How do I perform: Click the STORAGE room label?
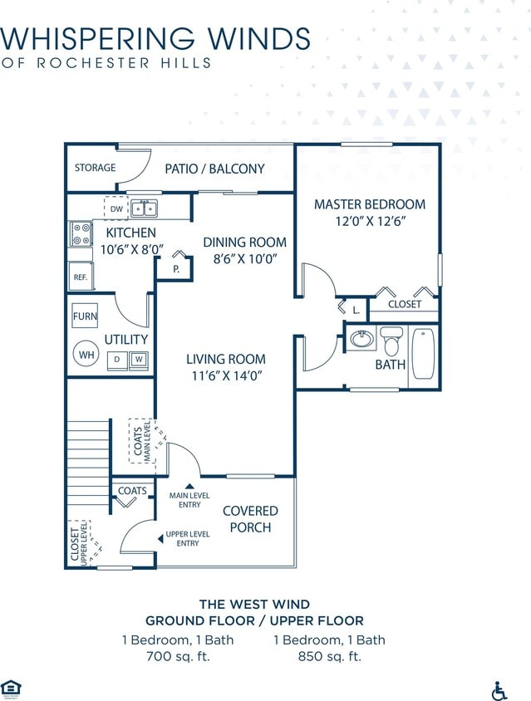pyautogui.click(x=95, y=168)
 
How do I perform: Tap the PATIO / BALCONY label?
pyautogui.click(x=214, y=169)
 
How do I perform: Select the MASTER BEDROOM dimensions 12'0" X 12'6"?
pyautogui.click(x=370, y=222)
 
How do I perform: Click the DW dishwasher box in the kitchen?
pyautogui.click(x=116, y=208)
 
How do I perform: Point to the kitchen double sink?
pyautogui.click(x=145, y=208)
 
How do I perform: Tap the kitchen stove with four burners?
pyautogui.click(x=81, y=233)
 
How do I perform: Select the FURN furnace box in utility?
pyautogui.click(x=85, y=316)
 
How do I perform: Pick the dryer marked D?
pyautogui.click(x=118, y=360)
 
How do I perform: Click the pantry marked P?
pyautogui.click(x=176, y=269)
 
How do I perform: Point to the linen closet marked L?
pyautogui.click(x=356, y=310)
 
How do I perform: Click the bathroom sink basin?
pyautogui.click(x=362, y=339)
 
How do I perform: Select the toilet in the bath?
pyautogui.click(x=391, y=341)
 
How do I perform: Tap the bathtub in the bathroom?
pyautogui.click(x=422, y=355)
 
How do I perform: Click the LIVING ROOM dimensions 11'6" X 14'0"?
pyautogui.click(x=225, y=375)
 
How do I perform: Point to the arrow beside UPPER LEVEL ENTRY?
pyautogui.click(x=160, y=539)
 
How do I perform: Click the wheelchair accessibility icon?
pyautogui.click(x=500, y=690)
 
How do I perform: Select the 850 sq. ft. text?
pyautogui.click(x=329, y=656)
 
